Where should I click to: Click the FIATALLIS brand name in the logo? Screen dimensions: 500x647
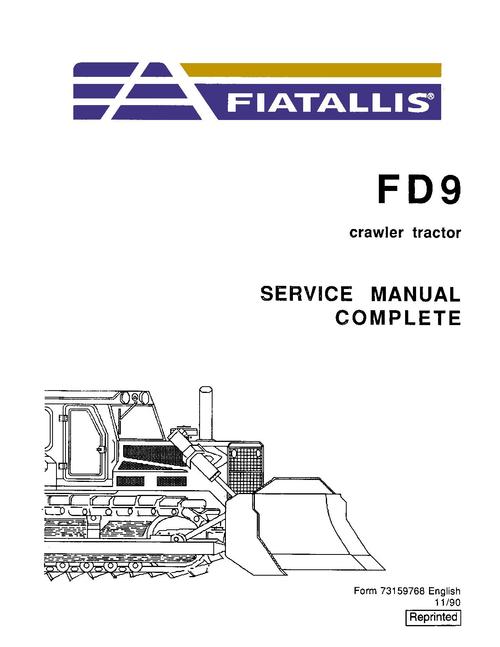326,103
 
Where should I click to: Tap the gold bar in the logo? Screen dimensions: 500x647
311,70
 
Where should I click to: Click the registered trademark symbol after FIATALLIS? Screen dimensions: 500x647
429,97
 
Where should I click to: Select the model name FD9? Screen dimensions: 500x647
418,190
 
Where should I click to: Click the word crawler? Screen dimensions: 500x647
376,233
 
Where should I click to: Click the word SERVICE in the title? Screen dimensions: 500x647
307,294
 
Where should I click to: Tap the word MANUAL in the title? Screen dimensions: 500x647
415,294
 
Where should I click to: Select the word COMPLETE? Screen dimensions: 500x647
398,318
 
